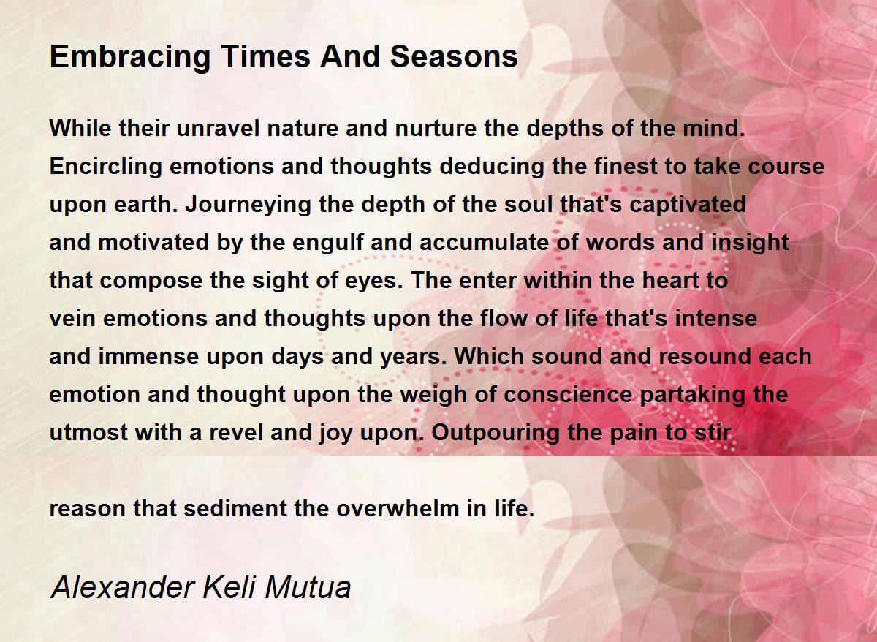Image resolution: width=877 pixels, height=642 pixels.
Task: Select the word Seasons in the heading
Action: coord(454,56)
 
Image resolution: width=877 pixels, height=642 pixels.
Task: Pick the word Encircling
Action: coord(106,167)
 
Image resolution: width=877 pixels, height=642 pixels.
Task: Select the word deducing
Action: coord(492,167)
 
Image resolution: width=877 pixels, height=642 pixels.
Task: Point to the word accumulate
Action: coord(484,243)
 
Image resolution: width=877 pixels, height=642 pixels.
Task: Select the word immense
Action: coord(148,356)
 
